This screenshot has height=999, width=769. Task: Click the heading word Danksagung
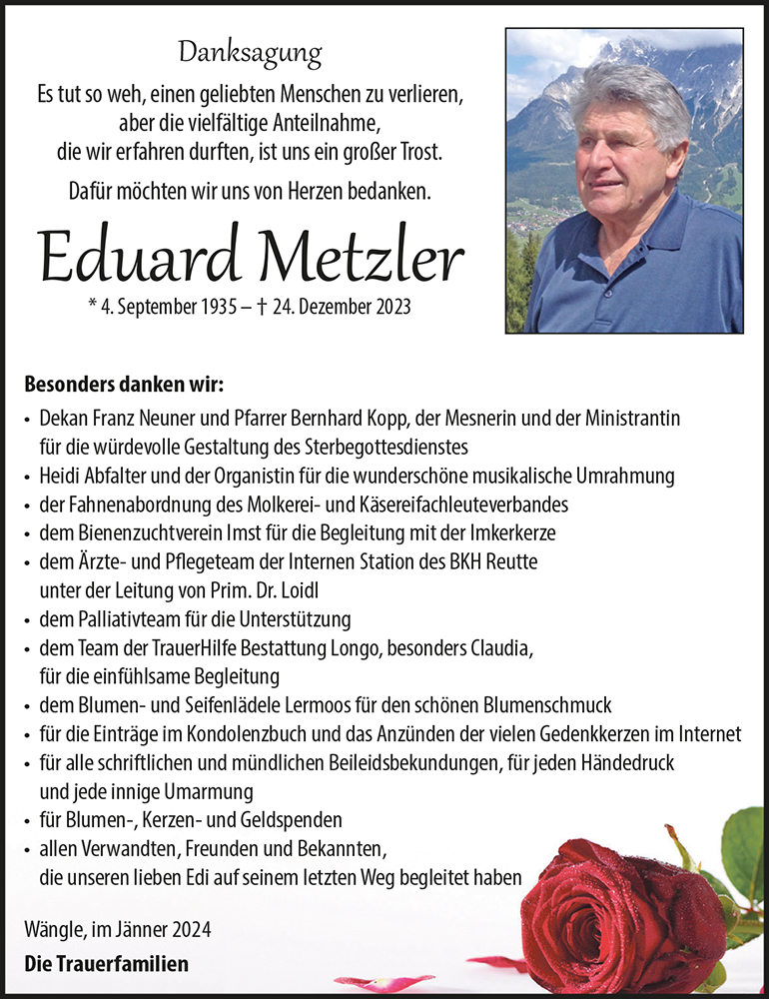point(250,51)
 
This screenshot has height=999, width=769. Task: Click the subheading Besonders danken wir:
point(124,385)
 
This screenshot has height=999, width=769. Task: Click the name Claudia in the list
point(500,647)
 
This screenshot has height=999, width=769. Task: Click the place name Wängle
point(52,930)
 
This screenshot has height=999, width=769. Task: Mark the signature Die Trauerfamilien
point(106,964)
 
